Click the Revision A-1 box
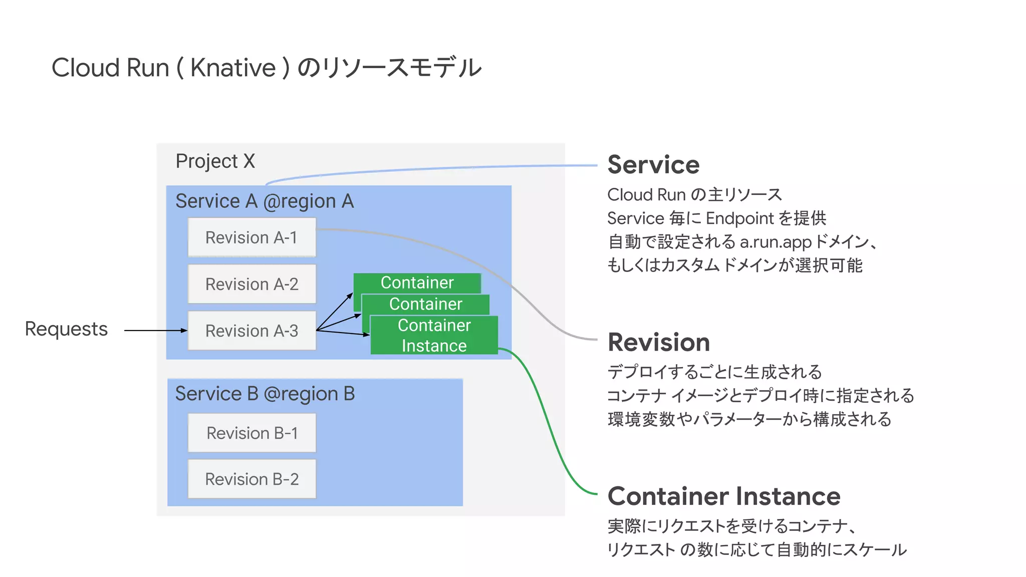click(x=251, y=237)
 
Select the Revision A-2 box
click(x=251, y=284)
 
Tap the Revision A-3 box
click(x=251, y=331)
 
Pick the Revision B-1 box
click(x=251, y=433)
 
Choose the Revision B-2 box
click(x=251, y=479)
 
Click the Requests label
click(x=66, y=329)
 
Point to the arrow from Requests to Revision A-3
click(x=155, y=331)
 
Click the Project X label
click(x=215, y=161)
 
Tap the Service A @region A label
click(x=264, y=201)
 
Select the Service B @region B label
click(x=265, y=394)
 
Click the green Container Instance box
click(x=434, y=336)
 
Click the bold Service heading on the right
click(x=653, y=165)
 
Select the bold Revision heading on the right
click(x=658, y=343)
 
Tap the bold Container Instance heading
click(x=723, y=496)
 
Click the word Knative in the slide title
click(x=233, y=68)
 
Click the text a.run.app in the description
click(x=775, y=242)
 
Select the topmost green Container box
click(x=417, y=282)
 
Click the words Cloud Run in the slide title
click(x=110, y=68)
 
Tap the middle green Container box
click(x=425, y=304)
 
